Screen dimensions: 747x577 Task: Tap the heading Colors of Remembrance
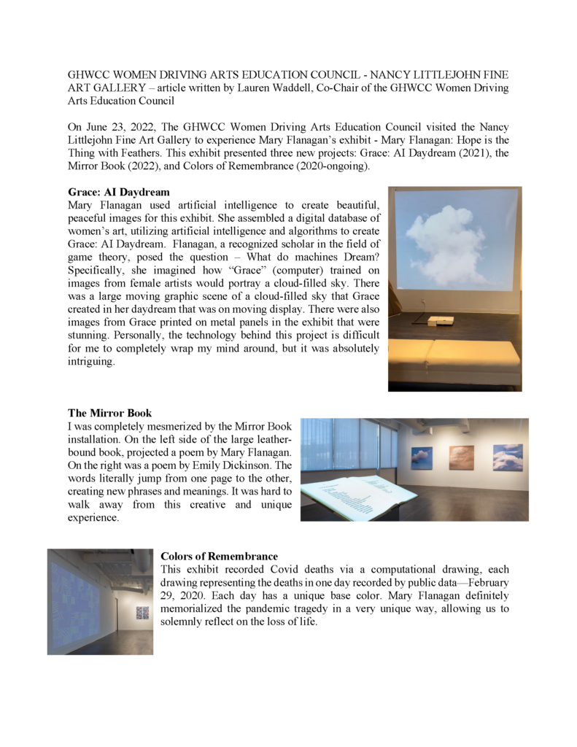pos(219,556)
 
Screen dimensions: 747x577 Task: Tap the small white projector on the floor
pos(440,320)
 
